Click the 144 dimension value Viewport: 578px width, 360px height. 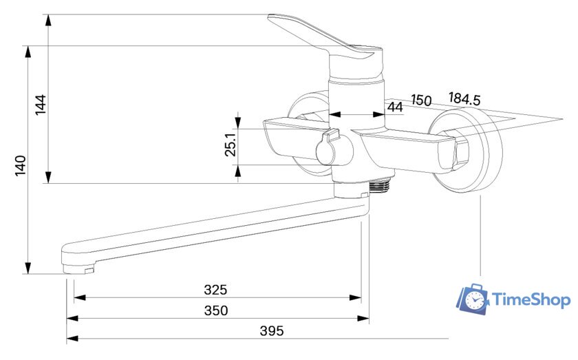[x=41, y=105]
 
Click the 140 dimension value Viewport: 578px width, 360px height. [x=21, y=166]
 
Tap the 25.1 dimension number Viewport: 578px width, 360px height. [x=231, y=145]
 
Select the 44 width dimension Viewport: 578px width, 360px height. [x=395, y=107]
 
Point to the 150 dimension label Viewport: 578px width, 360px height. [x=421, y=100]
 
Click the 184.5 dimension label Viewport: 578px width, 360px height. [x=464, y=99]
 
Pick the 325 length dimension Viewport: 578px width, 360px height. [x=215, y=290]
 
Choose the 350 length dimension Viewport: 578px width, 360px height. [x=216, y=310]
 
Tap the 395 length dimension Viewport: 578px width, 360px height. [x=272, y=331]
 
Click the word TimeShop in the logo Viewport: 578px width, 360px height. [x=531, y=299]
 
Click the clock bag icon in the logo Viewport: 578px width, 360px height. [x=473, y=299]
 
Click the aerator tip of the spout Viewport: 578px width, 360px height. [x=78, y=269]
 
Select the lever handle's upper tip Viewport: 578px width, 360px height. [x=272, y=17]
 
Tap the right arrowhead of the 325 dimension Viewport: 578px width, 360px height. [x=355, y=297]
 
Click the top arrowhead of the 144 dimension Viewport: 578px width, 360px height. [x=48, y=21]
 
